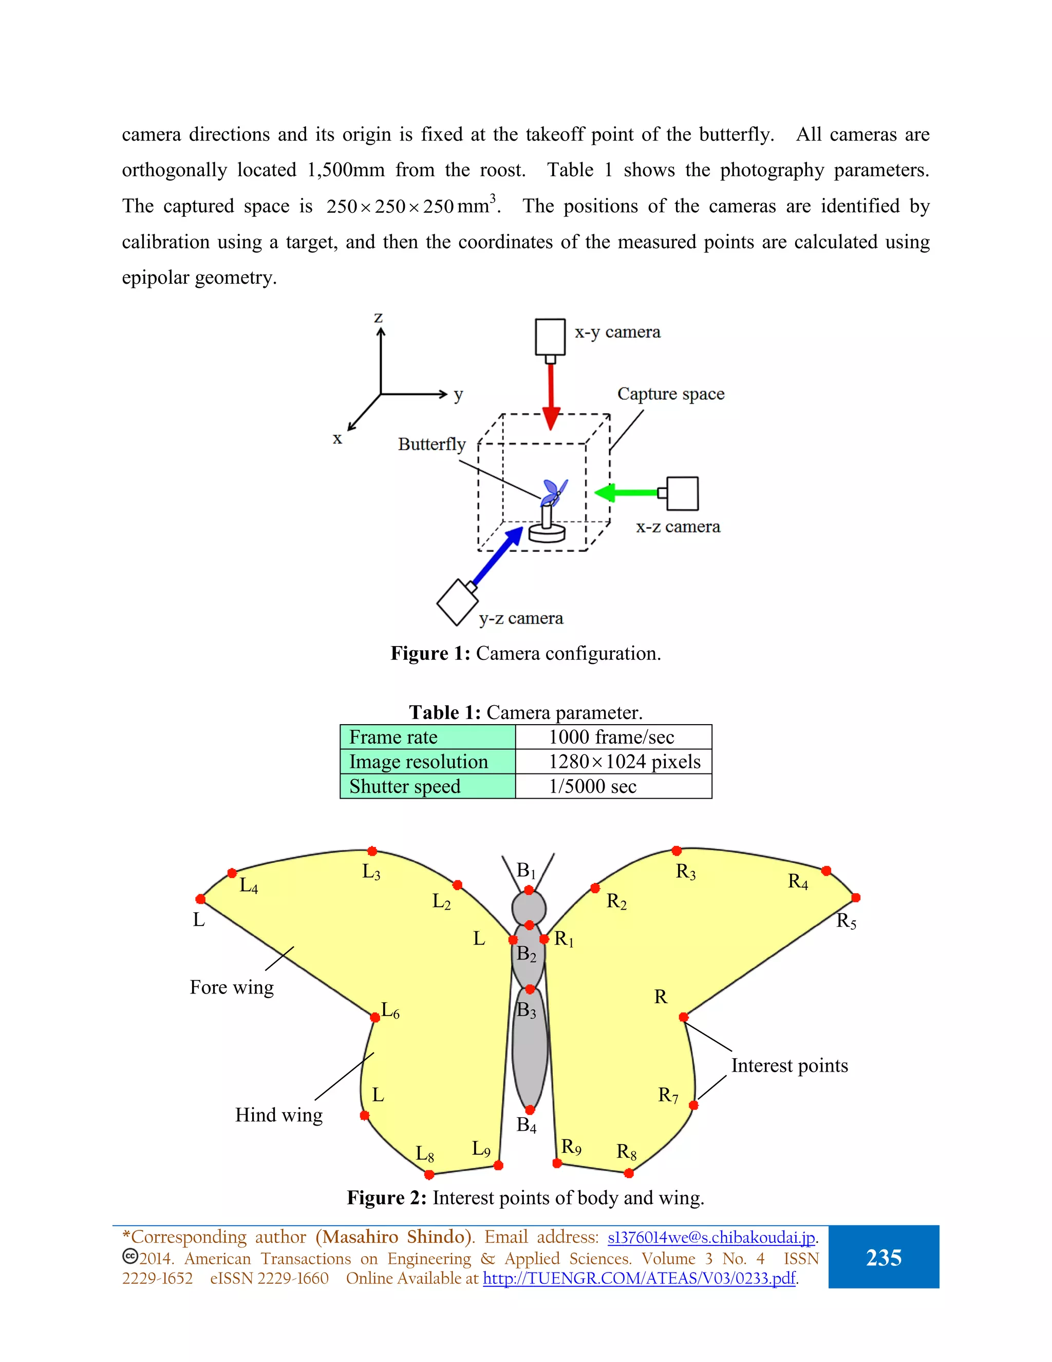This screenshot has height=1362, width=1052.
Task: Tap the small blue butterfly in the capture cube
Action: coord(553,491)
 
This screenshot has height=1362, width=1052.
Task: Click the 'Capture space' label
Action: coord(670,394)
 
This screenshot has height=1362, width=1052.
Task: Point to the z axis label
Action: coord(378,318)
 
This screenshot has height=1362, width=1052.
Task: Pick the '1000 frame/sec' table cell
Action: coord(611,737)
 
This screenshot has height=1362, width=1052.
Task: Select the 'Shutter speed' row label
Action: coord(405,786)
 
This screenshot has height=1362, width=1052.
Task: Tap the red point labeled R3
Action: coord(677,851)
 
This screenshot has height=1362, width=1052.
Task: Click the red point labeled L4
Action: coord(232,873)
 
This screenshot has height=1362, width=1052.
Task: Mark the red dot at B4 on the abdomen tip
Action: coord(530,1110)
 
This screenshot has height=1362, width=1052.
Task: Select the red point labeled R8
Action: coord(629,1173)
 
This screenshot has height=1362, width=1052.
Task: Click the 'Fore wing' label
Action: coord(232,988)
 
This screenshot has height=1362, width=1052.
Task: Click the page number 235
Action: coord(883,1258)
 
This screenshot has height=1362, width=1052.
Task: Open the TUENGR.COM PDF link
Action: coord(640,1278)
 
